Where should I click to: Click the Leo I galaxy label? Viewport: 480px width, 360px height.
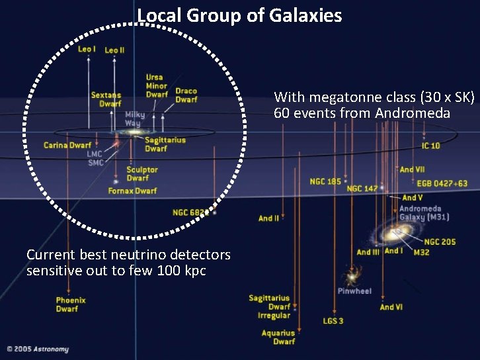[x=87, y=49]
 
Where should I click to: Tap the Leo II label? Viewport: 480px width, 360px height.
[x=114, y=50]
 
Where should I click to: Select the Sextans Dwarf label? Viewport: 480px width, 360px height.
[x=106, y=99]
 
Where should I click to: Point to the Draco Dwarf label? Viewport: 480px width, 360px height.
[x=186, y=95]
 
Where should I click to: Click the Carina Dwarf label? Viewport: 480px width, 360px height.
[x=67, y=145]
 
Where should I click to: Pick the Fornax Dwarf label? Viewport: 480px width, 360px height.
[x=133, y=191]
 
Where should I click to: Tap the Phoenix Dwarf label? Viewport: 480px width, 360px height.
[x=71, y=304]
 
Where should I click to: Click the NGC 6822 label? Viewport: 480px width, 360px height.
[x=190, y=212]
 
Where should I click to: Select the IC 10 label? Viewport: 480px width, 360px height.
[x=430, y=146]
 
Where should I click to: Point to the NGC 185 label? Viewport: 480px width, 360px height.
[x=325, y=181]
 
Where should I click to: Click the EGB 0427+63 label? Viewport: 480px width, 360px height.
[x=442, y=183]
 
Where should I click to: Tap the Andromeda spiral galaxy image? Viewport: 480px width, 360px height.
[x=397, y=232]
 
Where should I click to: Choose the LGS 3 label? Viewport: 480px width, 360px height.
[x=333, y=322]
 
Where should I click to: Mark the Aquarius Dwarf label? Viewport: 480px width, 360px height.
[x=278, y=337]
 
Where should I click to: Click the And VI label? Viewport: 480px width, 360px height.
[x=391, y=307]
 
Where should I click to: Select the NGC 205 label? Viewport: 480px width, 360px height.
[x=440, y=242]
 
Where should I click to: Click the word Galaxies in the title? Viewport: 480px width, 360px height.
[x=306, y=15]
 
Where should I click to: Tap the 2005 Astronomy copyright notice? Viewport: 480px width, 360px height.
[x=38, y=349]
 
